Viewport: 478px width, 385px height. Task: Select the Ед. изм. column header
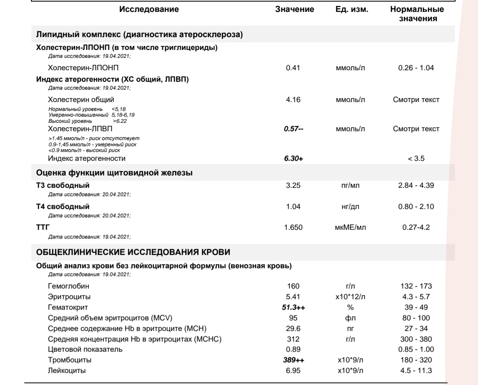point(352,10)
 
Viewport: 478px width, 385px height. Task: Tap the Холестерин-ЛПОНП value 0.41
point(293,68)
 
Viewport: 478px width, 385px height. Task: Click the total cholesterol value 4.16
point(293,99)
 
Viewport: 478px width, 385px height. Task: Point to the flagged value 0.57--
point(293,129)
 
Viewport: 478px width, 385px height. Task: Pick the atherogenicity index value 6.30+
point(293,158)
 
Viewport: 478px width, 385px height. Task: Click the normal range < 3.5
point(416,158)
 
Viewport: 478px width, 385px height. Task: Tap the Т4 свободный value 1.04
point(293,206)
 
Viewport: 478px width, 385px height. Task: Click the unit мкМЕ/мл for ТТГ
point(352,228)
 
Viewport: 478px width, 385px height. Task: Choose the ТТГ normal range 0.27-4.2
point(416,228)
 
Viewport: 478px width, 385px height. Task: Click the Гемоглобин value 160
point(293,286)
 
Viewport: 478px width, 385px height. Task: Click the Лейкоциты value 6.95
point(293,370)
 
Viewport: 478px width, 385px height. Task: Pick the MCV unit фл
point(352,318)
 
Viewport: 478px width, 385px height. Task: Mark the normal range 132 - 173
point(416,286)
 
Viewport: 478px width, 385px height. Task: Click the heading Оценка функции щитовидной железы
point(114,173)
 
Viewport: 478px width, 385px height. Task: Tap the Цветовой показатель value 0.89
point(293,349)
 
